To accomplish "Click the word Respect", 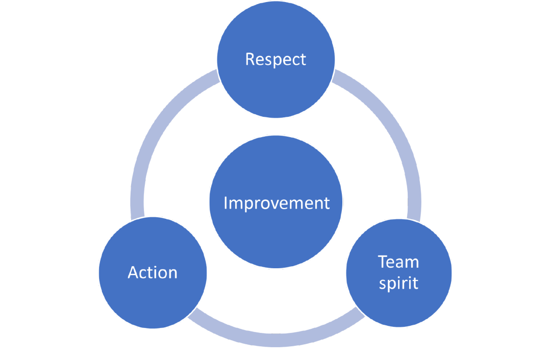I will pos(275,59).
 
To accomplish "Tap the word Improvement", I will pos(277,203).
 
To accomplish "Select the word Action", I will pos(153,272).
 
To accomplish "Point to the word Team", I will pos(398,262).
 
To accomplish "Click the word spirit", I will pos(398,283).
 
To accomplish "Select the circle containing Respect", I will pos(275,82).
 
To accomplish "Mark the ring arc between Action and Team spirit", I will pos(275,339).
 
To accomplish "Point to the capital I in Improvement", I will pos(226,203).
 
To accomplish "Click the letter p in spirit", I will pos(390,285).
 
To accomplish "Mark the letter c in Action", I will pos(145,273).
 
